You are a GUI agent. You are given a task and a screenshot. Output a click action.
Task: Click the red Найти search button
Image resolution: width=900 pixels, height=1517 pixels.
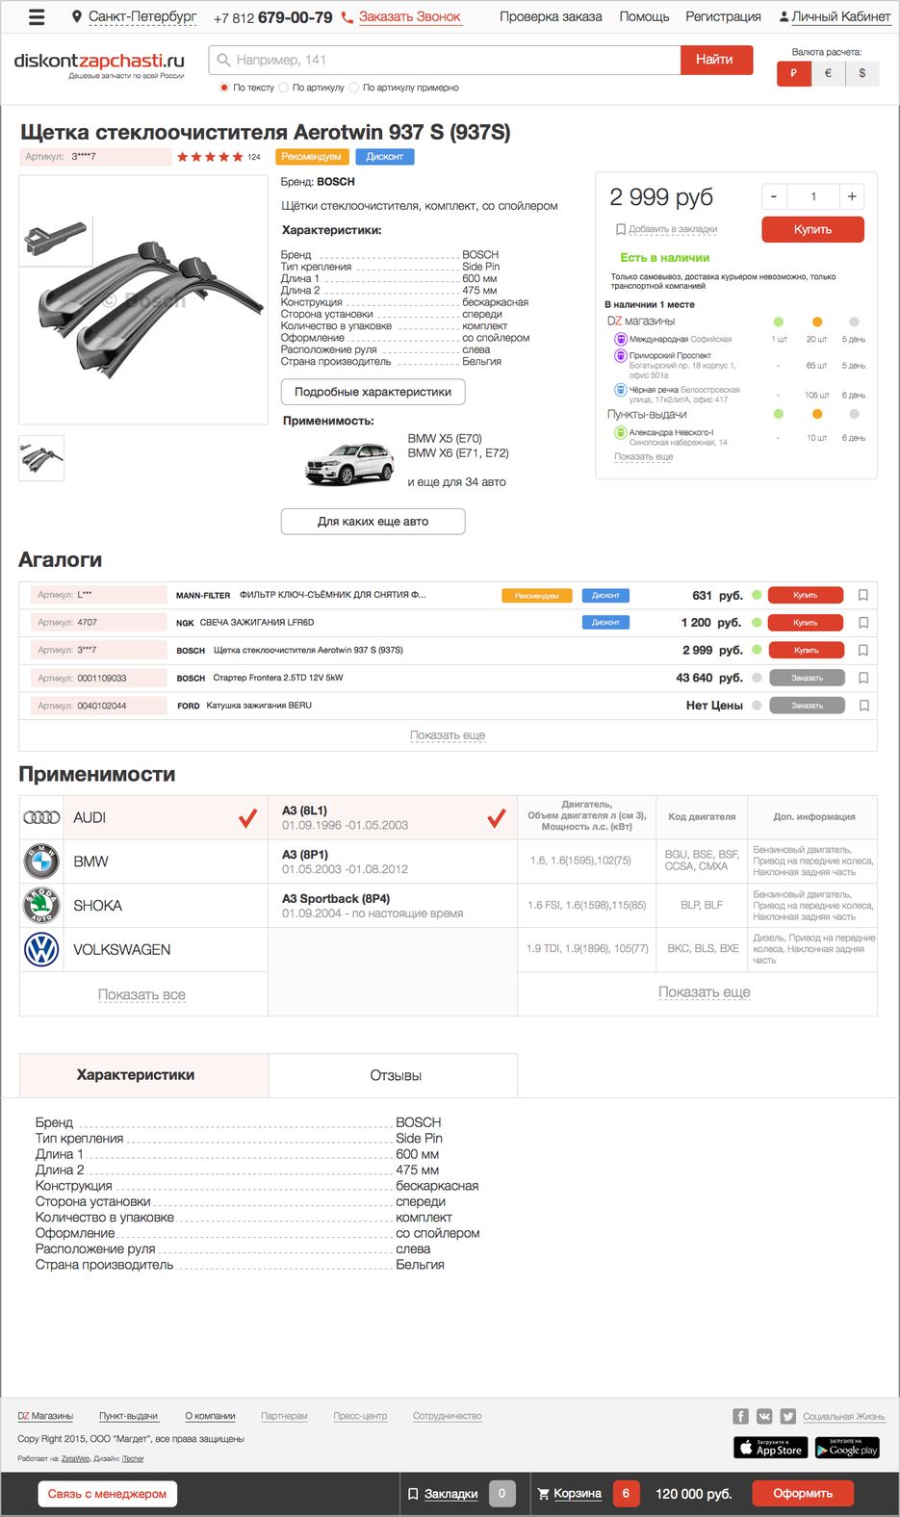point(714,60)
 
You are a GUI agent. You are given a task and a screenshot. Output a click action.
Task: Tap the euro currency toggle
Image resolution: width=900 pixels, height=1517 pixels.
point(828,73)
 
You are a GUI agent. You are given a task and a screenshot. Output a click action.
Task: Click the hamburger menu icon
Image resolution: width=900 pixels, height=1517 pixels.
point(37,16)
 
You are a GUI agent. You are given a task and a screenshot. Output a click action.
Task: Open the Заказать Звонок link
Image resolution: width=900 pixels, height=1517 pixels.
point(409,16)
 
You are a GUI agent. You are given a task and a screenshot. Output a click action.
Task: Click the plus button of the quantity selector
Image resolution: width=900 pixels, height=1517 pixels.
point(852,196)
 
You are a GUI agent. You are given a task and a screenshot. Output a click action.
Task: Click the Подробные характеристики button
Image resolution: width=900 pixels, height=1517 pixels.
point(373,392)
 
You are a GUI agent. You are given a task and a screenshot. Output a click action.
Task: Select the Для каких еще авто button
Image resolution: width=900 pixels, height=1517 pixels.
point(373,521)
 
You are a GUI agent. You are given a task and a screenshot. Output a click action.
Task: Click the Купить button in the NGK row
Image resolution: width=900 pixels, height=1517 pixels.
point(806,623)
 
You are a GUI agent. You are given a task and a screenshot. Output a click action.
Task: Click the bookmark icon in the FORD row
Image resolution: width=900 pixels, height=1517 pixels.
point(863,706)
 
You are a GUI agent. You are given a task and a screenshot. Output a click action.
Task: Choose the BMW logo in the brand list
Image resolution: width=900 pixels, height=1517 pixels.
point(41,861)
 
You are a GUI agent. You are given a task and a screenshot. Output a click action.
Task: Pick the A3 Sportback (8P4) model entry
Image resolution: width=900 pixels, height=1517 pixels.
point(336,899)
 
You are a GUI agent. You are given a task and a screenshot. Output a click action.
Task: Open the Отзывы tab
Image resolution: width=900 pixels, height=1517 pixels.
point(396,1075)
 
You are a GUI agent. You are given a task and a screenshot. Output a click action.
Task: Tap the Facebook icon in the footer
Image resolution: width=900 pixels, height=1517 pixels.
point(740,1416)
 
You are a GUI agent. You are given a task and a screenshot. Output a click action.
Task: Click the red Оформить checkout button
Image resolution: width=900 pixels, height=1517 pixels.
point(803,1493)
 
